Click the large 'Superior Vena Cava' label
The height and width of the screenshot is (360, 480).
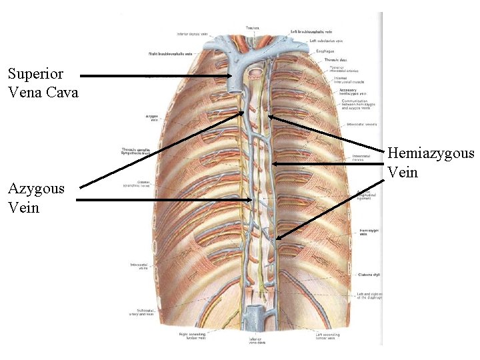pyautogui.click(x=42, y=83)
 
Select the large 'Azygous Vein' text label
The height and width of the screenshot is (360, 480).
pyautogui.click(x=36, y=198)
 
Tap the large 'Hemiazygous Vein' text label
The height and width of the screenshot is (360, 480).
pyautogui.click(x=430, y=163)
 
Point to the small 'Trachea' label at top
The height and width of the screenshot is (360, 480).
pyautogui.click(x=252, y=28)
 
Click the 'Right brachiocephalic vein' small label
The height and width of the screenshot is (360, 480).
pyautogui.click(x=170, y=53)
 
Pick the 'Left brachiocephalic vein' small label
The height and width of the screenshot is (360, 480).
pyautogui.click(x=313, y=31)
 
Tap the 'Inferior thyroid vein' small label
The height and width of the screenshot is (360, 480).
pyautogui.click(x=191, y=33)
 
